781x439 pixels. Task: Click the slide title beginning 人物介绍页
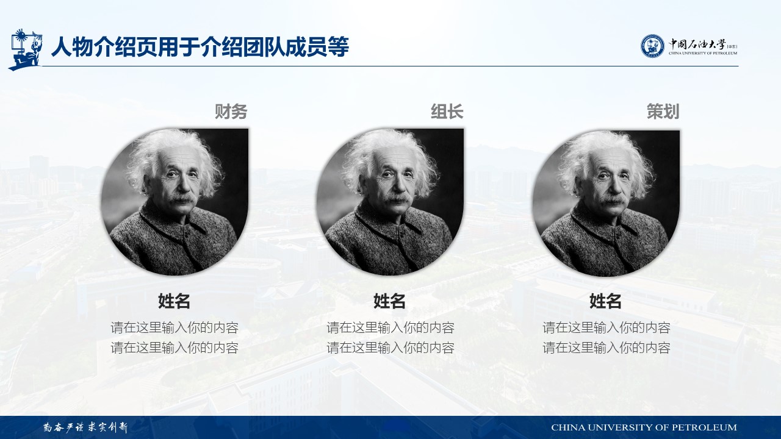pyautogui.click(x=200, y=47)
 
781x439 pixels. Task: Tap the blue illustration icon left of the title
pyautogui.click(x=25, y=49)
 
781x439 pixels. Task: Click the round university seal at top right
pyautogui.click(x=652, y=46)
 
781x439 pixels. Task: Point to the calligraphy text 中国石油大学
pyautogui.click(x=697, y=45)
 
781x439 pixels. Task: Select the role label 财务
pyautogui.click(x=231, y=112)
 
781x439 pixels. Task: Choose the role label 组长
pyautogui.click(x=447, y=112)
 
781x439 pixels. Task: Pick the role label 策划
pyautogui.click(x=663, y=112)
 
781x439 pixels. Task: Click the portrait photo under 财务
pyautogui.click(x=175, y=202)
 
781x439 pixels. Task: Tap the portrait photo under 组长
pyautogui.click(x=390, y=202)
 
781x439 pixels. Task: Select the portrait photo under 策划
pyautogui.click(x=606, y=203)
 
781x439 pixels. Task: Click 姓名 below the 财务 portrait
pyautogui.click(x=174, y=301)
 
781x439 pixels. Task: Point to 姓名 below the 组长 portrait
pyautogui.click(x=389, y=301)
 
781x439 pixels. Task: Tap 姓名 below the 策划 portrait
pyautogui.click(x=605, y=301)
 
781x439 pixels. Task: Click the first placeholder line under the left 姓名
pyautogui.click(x=175, y=327)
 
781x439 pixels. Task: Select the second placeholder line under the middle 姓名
pyautogui.click(x=390, y=348)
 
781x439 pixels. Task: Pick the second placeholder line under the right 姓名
pyautogui.click(x=606, y=348)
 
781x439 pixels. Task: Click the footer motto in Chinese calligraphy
pyautogui.click(x=85, y=427)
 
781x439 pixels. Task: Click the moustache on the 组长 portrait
pyautogui.click(x=397, y=199)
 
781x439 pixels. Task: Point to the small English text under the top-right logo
pyautogui.click(x=703, y=53)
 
